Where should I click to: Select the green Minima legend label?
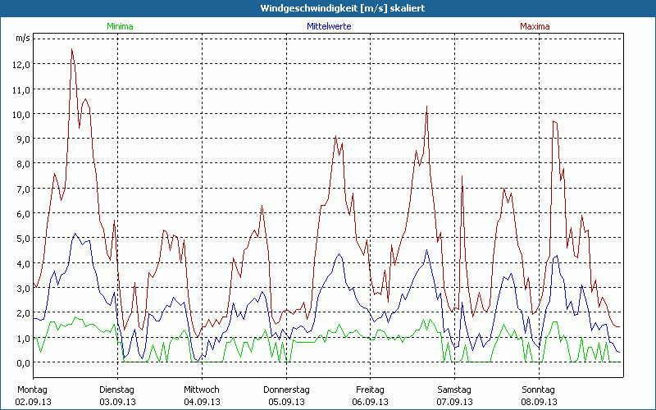pos(119,26)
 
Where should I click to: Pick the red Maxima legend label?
pos(535,26)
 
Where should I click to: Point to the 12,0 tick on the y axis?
pos(22,65)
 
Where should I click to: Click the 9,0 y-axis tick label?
pos(22,139)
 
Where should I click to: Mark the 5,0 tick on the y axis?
pos(22,239)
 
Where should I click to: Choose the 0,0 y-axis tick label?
pos(22,362)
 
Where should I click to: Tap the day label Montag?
pos(33,389)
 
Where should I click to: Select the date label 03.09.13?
pos(117,402)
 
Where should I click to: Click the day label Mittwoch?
pos(202,389)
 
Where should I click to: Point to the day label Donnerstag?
pos(286,389)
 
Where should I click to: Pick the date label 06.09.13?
pos(370,402)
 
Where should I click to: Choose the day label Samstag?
pos(454,389)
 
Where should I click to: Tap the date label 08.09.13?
pos(539,402)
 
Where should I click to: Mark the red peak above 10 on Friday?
pos(426,106)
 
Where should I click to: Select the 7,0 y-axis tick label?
pos(22,189)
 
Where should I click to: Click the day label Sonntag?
pos(539,389)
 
